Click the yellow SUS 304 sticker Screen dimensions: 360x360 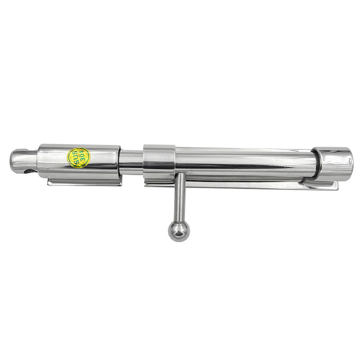78,158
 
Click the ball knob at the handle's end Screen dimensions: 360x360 179,231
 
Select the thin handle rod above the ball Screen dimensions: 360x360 180,197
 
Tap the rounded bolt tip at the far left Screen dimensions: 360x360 23,161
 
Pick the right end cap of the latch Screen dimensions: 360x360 334,164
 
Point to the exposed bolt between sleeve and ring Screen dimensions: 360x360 131,162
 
